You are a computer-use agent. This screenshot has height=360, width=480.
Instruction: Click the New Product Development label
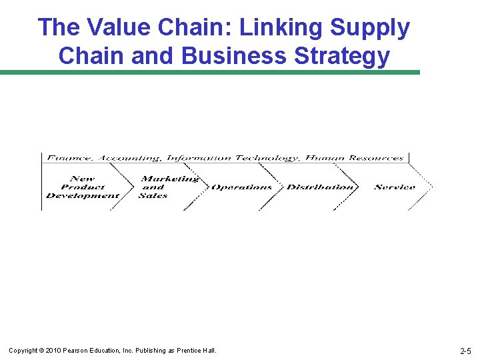(82, 187)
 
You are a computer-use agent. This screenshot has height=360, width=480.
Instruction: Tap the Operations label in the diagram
(241, 187)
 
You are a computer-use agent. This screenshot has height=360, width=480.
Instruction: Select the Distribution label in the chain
(320, 187)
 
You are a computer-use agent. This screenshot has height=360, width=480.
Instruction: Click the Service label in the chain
(395, 187)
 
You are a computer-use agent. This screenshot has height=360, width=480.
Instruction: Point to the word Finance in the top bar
(69, 158)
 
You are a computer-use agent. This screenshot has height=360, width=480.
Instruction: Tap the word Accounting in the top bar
(130, 158)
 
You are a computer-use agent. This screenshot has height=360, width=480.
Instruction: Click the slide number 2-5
(465, 351)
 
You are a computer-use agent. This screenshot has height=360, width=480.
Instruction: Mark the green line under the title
(210, 72)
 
